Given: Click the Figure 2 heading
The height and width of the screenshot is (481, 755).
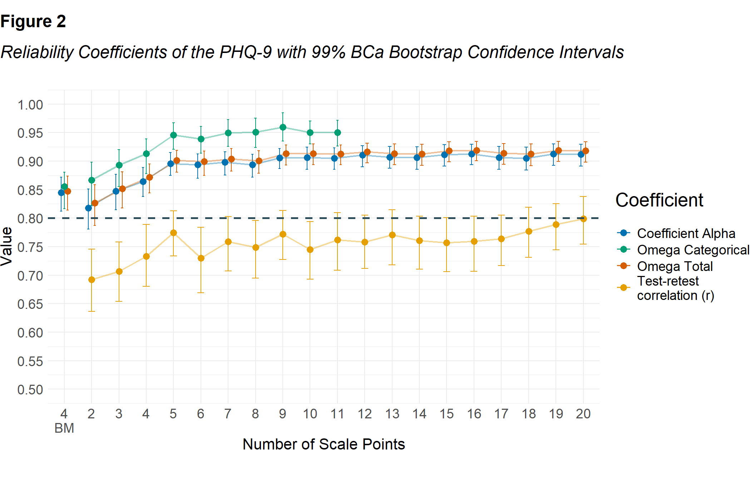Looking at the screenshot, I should (x=33, y=21).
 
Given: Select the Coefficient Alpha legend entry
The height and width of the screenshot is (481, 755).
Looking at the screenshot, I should (x=686, y=233).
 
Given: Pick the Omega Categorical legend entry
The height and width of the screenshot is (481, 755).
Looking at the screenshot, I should (x=693, y=250).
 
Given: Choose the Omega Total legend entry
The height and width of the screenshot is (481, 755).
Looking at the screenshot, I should (x=675, y=266).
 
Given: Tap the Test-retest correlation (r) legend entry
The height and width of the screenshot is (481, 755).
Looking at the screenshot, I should (x=675, y=288).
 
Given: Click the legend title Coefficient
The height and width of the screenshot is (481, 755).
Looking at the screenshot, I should (x=659, y=200).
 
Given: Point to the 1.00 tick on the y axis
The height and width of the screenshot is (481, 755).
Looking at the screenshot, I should (x=30, y=105).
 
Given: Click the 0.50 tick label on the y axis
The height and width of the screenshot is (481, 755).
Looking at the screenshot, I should (x=30, y=390).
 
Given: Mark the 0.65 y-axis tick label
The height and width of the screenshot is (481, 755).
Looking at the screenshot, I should (x=30, y=304).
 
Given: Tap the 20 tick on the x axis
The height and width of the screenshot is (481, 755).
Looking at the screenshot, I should (x=583, y=414).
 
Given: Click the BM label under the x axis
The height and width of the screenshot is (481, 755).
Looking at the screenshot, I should (x=64, y=428).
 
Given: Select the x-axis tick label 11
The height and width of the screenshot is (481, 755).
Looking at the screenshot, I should (x=337, y=414).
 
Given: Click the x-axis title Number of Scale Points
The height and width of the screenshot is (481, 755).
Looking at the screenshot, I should (x=324, y=444).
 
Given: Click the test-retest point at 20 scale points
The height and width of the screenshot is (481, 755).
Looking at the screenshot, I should (x=583, y=219).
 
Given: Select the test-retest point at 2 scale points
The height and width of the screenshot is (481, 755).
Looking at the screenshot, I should (x=92, y=280).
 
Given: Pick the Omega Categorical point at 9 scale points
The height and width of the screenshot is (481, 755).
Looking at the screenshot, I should (x=283, y=127).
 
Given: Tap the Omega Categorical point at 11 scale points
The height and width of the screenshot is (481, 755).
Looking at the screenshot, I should (x=337, y=133).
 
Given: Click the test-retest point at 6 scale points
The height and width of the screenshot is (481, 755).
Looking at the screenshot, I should (x=201, y=258).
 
